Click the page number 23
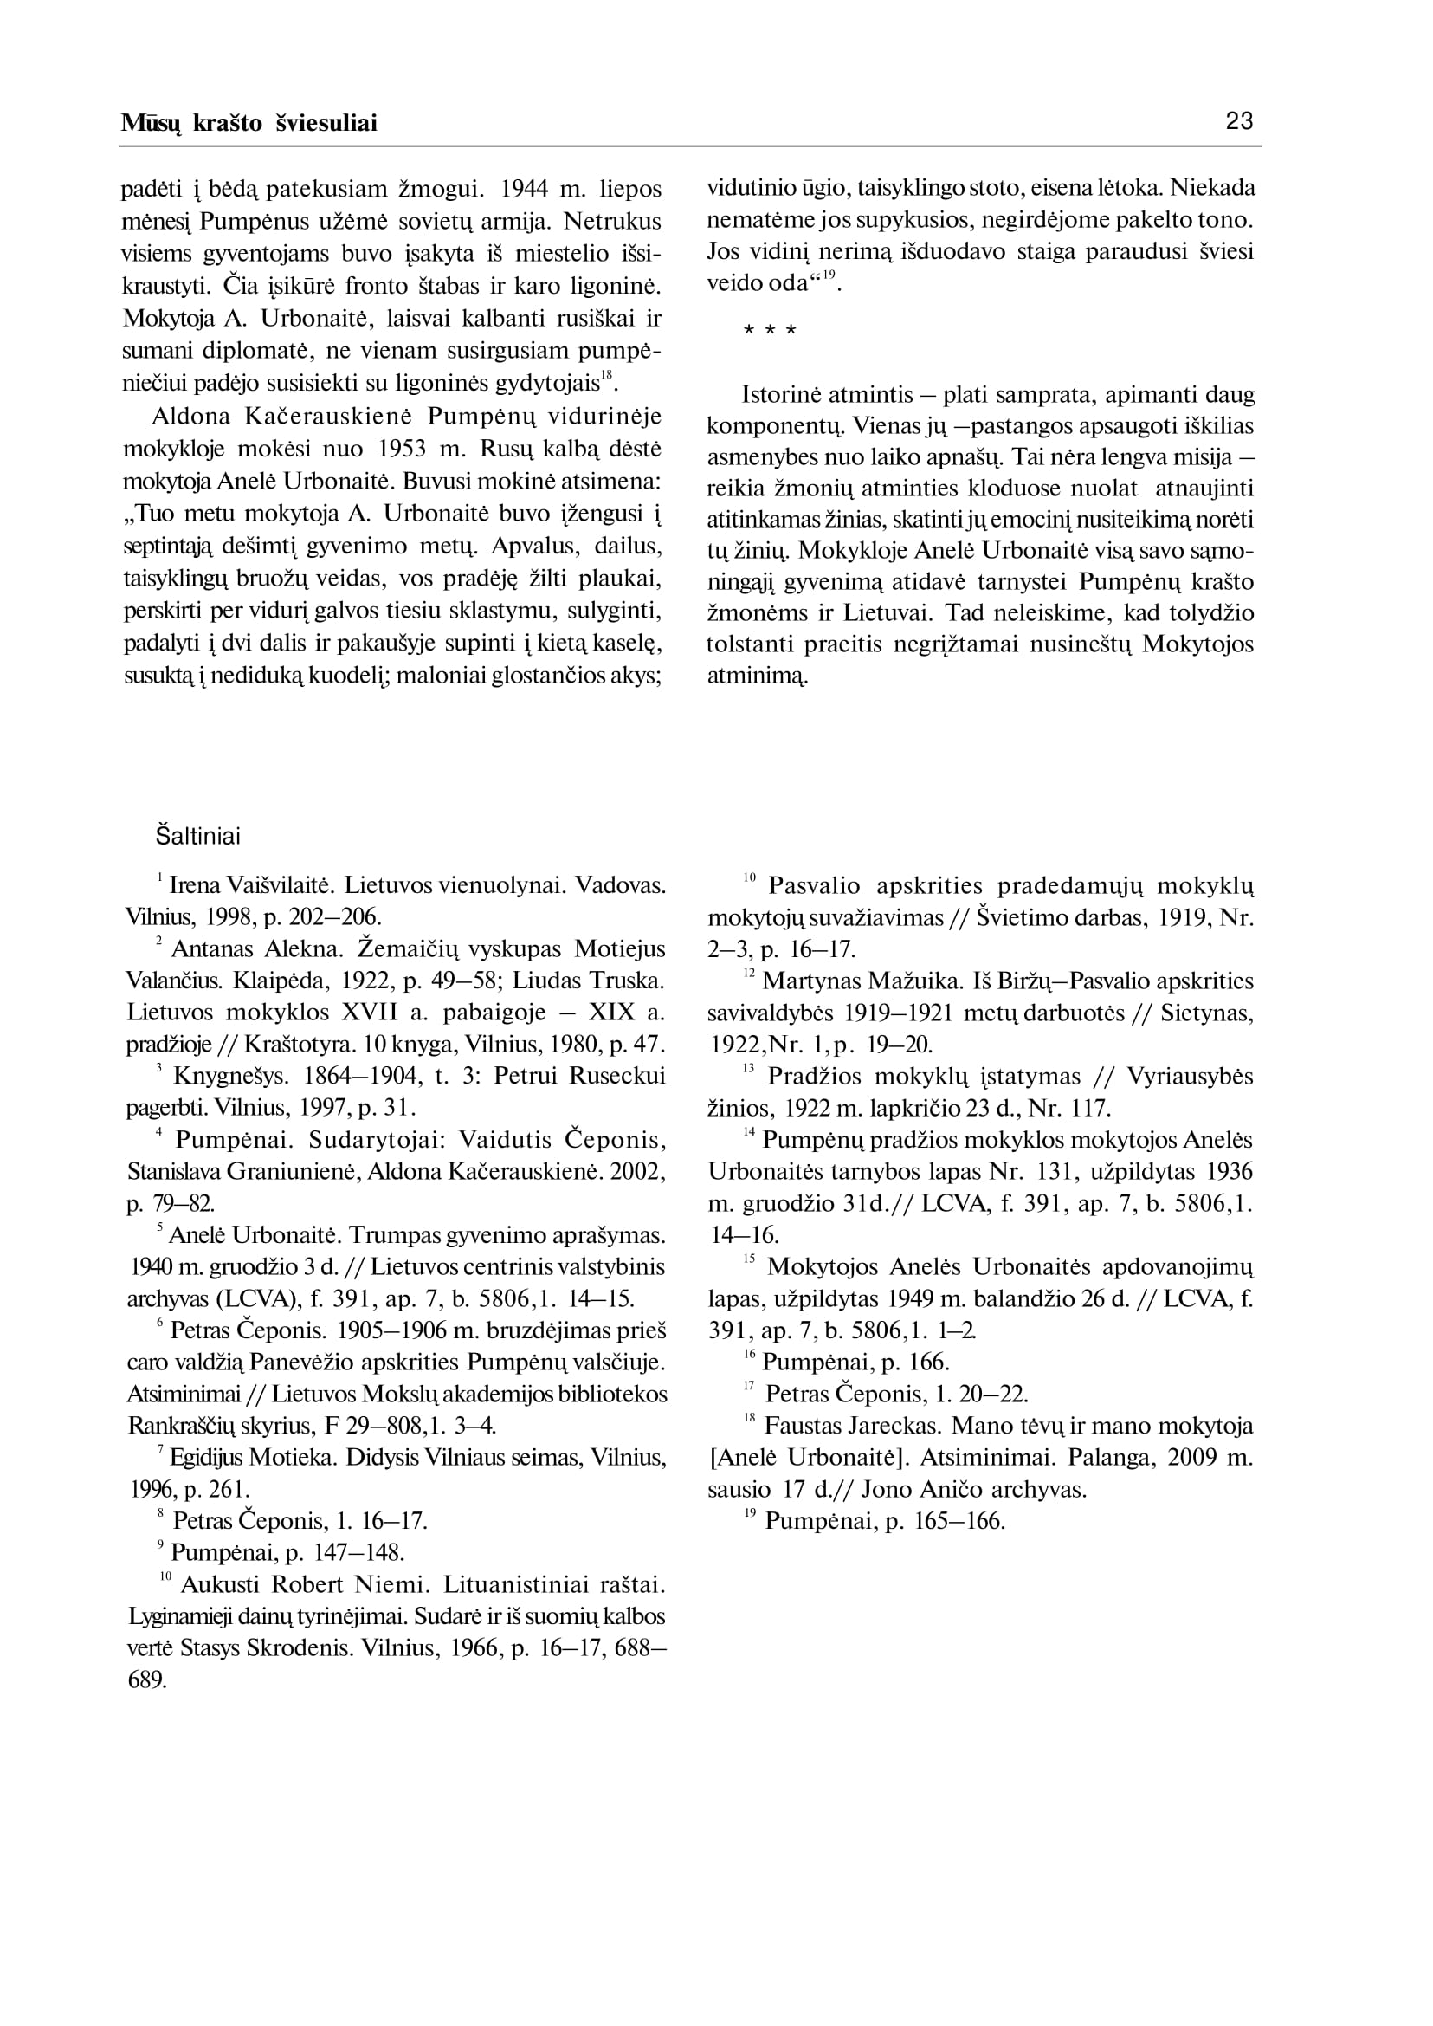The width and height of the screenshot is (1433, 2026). [1239, 121]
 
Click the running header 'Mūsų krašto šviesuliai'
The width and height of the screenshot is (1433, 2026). [249, 124]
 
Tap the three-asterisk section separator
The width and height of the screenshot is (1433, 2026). [770, 332]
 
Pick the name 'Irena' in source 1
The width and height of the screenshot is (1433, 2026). [193, 884]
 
